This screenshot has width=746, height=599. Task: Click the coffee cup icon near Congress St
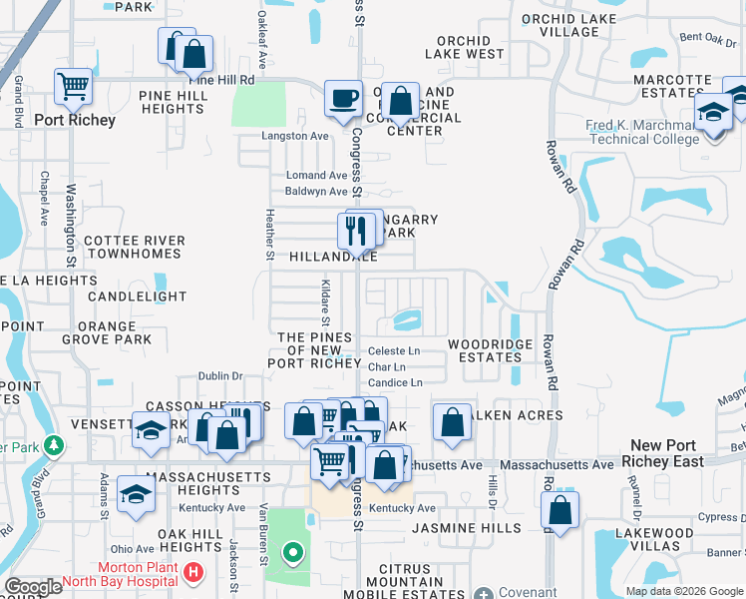(x=343, y=98)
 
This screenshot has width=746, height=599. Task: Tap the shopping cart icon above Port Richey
(x=73, y=87)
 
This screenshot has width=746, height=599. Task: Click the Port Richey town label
(x=75, y=120)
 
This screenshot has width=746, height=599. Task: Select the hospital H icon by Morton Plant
(x=193, y=575)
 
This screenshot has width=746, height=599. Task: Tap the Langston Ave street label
(x=294, y=136)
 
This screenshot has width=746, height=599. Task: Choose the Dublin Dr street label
(x=220, y=376)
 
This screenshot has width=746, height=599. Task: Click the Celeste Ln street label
(x=393, y=351)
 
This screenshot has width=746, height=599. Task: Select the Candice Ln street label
(x=395, y=382)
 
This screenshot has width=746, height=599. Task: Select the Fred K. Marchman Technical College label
(x=643, y=132)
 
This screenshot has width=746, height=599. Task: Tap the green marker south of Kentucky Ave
(x=291, y=551)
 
